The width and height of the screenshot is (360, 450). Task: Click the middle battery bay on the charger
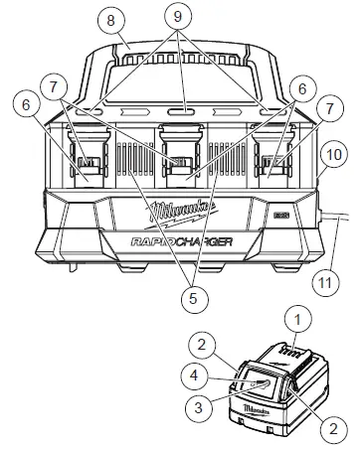[x=180, y=159]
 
